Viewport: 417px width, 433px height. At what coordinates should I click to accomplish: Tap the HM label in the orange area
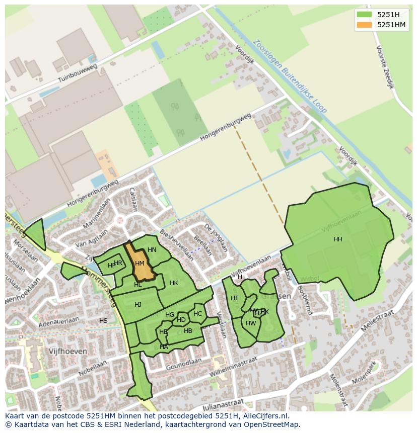pyautogui.click(x=140, y=264)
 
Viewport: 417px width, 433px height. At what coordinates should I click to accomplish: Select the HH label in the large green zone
pyautogui.click(x=337, y=239)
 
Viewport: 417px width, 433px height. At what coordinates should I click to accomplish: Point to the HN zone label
pyautogui.click(x=152, y=250)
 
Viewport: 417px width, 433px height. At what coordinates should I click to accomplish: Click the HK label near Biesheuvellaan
pyautogui.click(x=174, y=283)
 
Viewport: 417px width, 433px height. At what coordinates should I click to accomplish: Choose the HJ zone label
pyautogui.click(x=138, y=304)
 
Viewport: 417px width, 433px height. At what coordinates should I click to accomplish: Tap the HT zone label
pyautogui.click(x=235, y=298)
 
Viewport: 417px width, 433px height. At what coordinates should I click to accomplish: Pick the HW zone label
pyautogui.click(x=251, y=323)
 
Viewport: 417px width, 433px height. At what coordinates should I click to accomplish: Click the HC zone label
pyautogui.click(x=197, y=314)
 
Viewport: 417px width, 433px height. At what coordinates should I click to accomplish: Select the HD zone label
pyautogui.click(x=181, y=320)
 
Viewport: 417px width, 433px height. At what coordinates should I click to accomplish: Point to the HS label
pyautogui.click(x=103, y=321)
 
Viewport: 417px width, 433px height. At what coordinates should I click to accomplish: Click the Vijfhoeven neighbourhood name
pyautogui.click(x=68, y=351)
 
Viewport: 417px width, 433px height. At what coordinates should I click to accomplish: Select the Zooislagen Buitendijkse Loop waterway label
pyautogui.click(x=291, y=76)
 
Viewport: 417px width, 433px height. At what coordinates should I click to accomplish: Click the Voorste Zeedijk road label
pyautogui.click(x=385, y=67)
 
